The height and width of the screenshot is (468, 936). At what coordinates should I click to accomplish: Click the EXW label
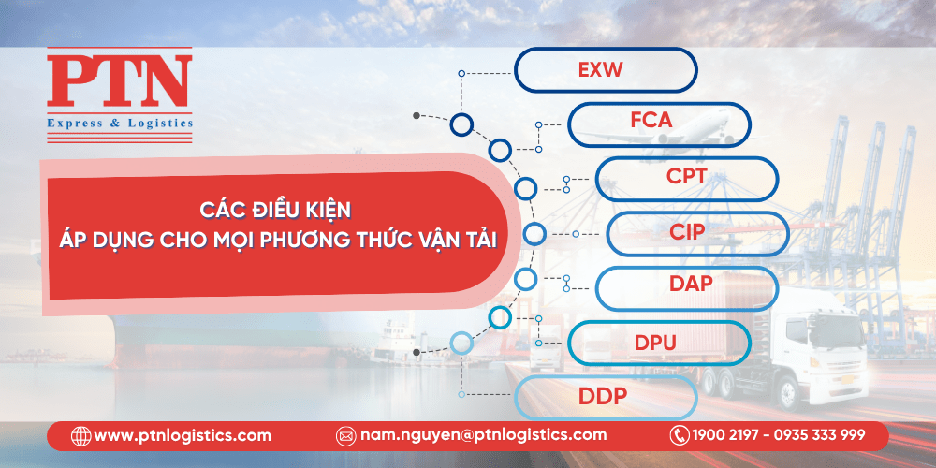(x=600, y=70)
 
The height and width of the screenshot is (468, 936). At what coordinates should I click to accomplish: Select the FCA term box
(x=659, y=124)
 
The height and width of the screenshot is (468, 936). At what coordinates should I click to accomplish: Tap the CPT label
(x=686, y=176)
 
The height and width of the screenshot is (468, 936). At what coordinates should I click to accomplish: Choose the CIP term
(x=687, y=231)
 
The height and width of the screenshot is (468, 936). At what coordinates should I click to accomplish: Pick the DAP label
(x=691, y=284)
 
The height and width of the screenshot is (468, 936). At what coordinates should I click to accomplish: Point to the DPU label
(x=655, y=343)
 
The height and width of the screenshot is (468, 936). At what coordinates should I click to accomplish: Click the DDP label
(x=602, y=396)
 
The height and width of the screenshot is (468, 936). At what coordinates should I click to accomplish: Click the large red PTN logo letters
(x=120, y=80)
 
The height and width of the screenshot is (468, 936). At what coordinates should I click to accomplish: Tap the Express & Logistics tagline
(x=120, y=124)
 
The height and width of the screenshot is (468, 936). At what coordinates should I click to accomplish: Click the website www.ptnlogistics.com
(x=183, y=435)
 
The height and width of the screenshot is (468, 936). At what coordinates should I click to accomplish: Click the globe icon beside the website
(x=80, y=436)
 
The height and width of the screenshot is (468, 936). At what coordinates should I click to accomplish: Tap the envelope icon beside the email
(x=345, y=436)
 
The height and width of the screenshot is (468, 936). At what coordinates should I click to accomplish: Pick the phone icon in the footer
(x=680, y=435)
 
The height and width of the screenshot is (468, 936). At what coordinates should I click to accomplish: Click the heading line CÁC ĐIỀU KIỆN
(x=275, y=211)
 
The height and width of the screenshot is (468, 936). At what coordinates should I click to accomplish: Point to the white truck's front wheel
(x=790, y=393)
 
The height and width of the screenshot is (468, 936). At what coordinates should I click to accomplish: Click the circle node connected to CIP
(x=534, y=233)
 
